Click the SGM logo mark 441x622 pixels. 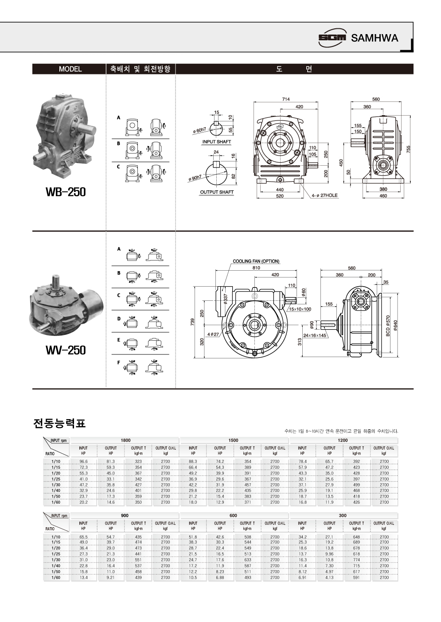pos(332,38)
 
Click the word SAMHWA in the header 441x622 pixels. pos(375,38)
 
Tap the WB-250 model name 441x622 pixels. pos(66,192)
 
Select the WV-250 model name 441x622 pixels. pos(66,350)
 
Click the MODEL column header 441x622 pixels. pos(70,69)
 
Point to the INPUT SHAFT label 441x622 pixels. pos(216,142)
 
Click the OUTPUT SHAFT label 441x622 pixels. pos(217,192)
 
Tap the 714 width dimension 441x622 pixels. pos(286,99)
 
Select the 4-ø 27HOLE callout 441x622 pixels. pos(324,195)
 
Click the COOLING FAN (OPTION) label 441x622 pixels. pos(256,261)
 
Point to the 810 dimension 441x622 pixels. pos(256,268)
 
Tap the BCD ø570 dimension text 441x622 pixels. pos(388,326)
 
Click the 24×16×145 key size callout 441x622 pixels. pos(315,335)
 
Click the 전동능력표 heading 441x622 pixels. pos(59,424)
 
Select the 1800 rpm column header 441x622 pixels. pos(125,440)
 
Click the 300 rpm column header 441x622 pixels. pos(343,516)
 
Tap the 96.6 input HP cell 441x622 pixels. pos(83,462)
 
